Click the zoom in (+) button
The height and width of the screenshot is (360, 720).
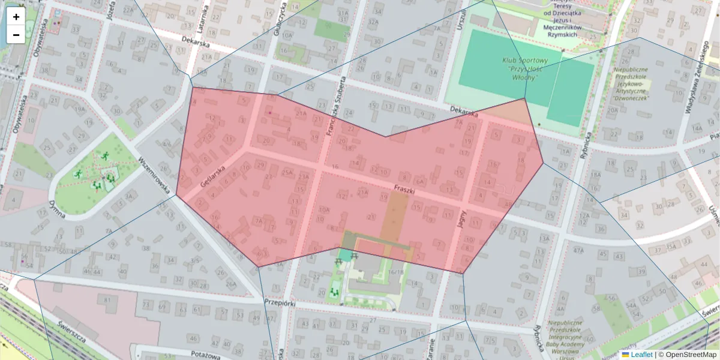click(x=16, y=17)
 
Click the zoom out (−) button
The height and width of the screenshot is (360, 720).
click(x=16, y=35)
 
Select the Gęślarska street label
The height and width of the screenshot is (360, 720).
click(x=213, y=174)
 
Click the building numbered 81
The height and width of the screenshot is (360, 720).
click(x=107, y=300)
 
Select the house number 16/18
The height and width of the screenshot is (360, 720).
click(x=396, y=272)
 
